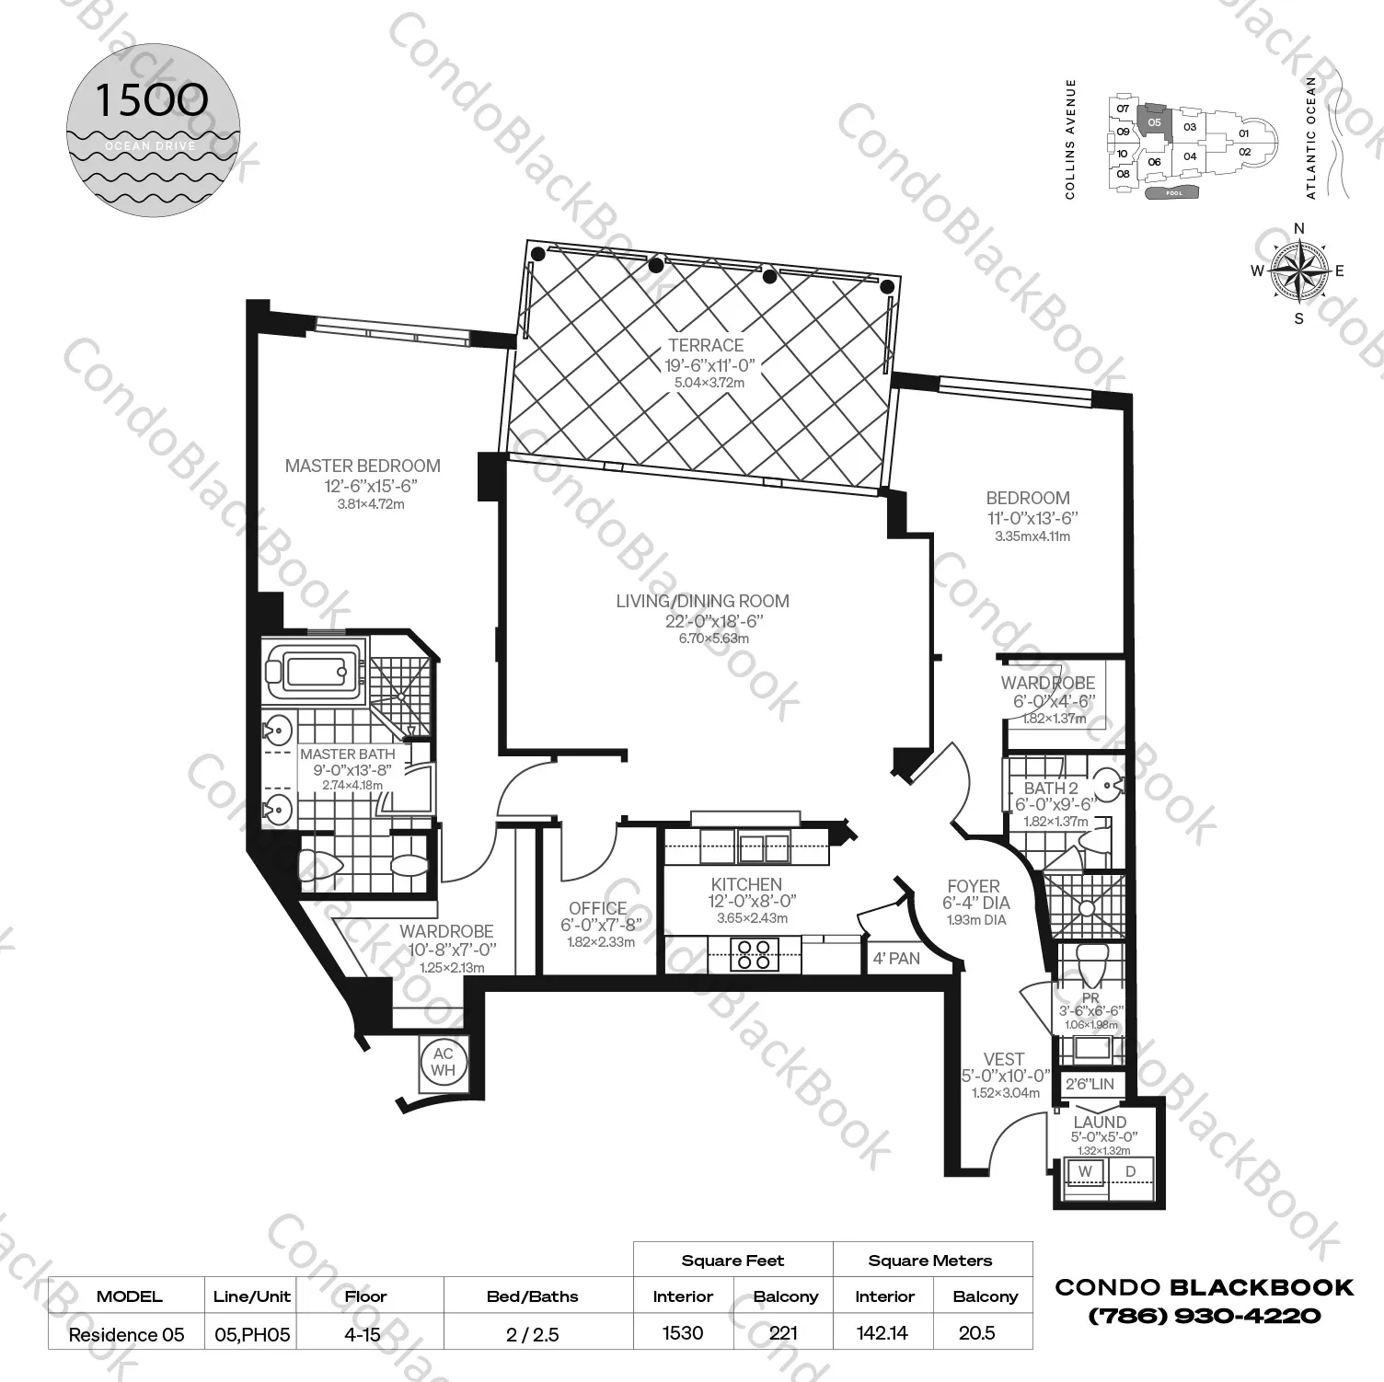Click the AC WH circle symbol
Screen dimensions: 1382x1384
(x=444, y=1062)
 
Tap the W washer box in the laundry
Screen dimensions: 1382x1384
(x=1086, y=1171)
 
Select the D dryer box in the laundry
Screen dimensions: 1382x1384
(x=1131, y=1171)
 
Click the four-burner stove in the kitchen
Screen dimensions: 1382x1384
(x=754, y=953)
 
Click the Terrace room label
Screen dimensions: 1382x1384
(x=706, y=345)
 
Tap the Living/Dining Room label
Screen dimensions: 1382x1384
(x=702, y=602)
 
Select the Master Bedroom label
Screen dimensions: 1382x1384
(x=363, y=466)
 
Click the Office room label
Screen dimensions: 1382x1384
(x=597, y=908)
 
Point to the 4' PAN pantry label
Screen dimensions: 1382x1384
(x=896, y=958)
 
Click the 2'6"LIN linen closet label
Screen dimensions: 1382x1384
(x=1090, y=1084)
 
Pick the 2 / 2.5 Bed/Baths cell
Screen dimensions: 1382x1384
(x=532, y=1333)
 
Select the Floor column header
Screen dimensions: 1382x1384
(x=365, y=1296)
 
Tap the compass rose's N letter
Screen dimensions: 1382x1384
(x=1299, y=229)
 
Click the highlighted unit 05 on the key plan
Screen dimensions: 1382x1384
(x=1155, y=121)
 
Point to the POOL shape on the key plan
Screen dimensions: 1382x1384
(x=1174, y=193)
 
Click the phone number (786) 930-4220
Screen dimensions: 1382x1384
(x=1204, y=1316)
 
